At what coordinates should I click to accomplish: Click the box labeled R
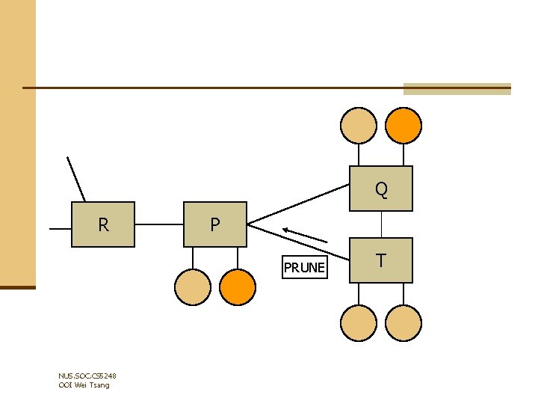pyautogui.click(x=103, y=224)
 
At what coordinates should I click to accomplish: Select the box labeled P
pyautogui.click(x=215, y=224)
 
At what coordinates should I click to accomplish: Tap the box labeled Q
pyautogui.click(x=381, y=189)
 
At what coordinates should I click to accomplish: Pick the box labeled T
pyautogui.click(x=381, y=260)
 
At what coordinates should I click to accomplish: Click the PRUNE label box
pyautogui.click(x=304, y=267)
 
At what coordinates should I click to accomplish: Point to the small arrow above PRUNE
pyautogui.click(x=305, y=234)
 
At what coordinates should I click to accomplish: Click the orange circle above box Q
pyautogui.click(x=403, y=125)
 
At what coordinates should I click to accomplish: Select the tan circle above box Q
pyautogui.click(x=359, y=125)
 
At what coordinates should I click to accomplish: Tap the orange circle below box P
pyautogui.click(x=238, y=287)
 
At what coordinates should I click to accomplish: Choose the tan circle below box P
pyautogui.click(x=193, y=287)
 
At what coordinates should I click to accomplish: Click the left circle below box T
pyautogui.click(x=359, y=322)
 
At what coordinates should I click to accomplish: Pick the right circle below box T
pyautogui.click(x=403, y=322)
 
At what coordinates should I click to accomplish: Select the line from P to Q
pyautogui.click(x=299, y=203)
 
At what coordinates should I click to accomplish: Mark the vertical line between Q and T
pyautogui.click(x=382, y=224)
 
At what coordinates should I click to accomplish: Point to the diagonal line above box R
pyautogui.click(x=76, y=180)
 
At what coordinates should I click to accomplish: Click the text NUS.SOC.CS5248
pyautogui.click(x=87, y=376)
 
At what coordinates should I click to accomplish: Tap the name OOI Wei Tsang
pyautogui.click(x=84, y=385)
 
